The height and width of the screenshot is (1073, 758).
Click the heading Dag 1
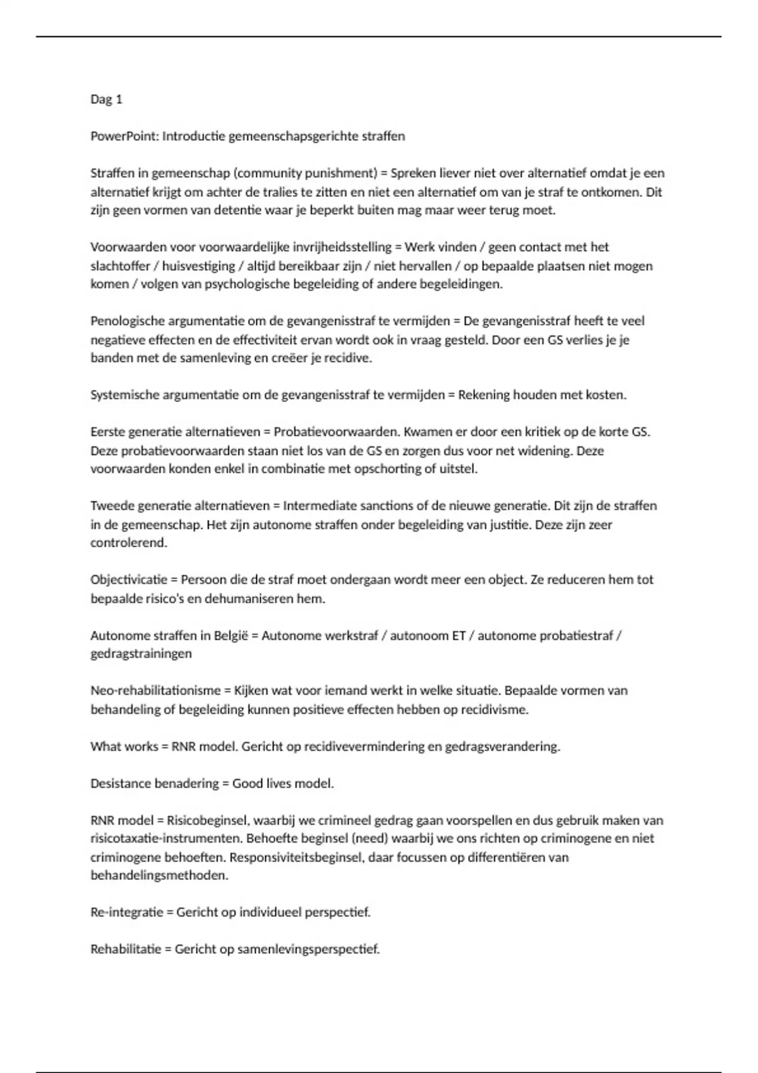pyautogui.click(x=106, y=99)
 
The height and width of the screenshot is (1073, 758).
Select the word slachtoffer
pyautogui.click(x=120, y=266)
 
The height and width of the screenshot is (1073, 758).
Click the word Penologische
pyautogui.click(x=124, y=321)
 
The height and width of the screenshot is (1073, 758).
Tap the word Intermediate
pyautogui.click(x=318, y=506)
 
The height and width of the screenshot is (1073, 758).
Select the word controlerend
pyautogui.click(x=129, y=543)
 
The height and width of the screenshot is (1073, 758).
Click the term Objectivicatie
pyautogui.click(x=129, y=579)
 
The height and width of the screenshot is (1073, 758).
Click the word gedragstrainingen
pyautogui.click(x=141, y=654)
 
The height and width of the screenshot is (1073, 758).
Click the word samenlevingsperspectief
pyautogui.click(x=308, y=949)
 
